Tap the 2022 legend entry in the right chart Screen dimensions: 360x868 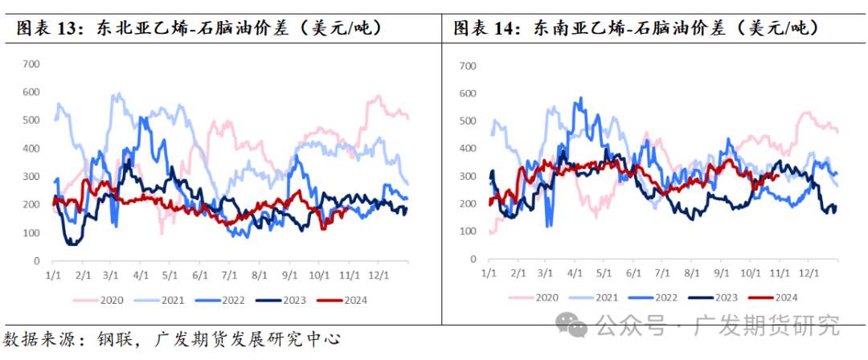(665, 297)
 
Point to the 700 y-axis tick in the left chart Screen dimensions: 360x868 (31, 63)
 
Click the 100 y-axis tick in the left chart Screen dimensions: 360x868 (31, 233)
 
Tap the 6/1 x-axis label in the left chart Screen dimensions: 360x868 (200, 274)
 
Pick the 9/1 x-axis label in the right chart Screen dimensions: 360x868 (720, 274)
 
